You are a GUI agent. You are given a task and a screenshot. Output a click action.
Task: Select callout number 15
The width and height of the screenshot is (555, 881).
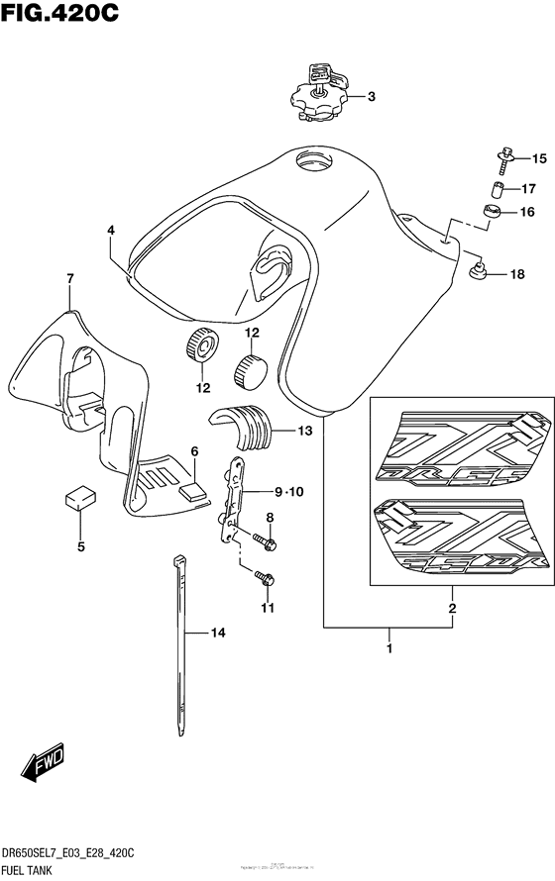tap(538, 158)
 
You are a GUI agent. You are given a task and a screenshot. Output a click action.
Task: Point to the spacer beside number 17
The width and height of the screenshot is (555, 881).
tap(501, 189)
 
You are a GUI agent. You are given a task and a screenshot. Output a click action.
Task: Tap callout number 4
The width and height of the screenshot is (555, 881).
tap(111, 231)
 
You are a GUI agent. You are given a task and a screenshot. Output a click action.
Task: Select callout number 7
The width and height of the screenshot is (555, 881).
tap(70, 279)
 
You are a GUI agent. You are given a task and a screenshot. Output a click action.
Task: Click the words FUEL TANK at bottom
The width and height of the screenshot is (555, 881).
tap(34, 868)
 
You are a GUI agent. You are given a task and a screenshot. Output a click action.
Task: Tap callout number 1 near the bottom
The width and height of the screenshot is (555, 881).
tap(389, 649)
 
